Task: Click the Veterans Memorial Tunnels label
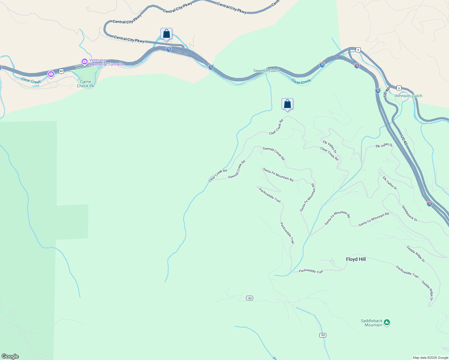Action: tap(106, 62)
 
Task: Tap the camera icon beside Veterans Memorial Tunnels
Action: tap(85, 61)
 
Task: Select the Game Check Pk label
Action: tap(86, 84)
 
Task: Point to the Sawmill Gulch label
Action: tap(266, 71)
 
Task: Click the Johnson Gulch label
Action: tap(408, 96)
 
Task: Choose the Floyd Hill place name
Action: tap(356, 259)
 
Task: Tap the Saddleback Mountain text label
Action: tap(372, 323)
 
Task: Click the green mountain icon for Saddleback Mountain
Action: tap(387, 322)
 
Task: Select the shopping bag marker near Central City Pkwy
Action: tap(166, 34)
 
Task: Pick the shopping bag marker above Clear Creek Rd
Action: tap(287, 104)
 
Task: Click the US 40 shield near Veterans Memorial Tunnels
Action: tap(61, 71)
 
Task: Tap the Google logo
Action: tap(10, 356)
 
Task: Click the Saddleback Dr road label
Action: tap(410, 213)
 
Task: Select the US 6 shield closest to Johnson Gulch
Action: tap(399, 88)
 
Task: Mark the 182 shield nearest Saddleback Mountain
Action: tap(323, 335)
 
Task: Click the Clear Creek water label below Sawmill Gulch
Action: tap(301, 82)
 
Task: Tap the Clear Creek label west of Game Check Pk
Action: tap(31, 80)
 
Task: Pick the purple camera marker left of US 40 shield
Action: tap(51, 74)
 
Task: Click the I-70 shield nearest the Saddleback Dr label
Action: tap(429, 204)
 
